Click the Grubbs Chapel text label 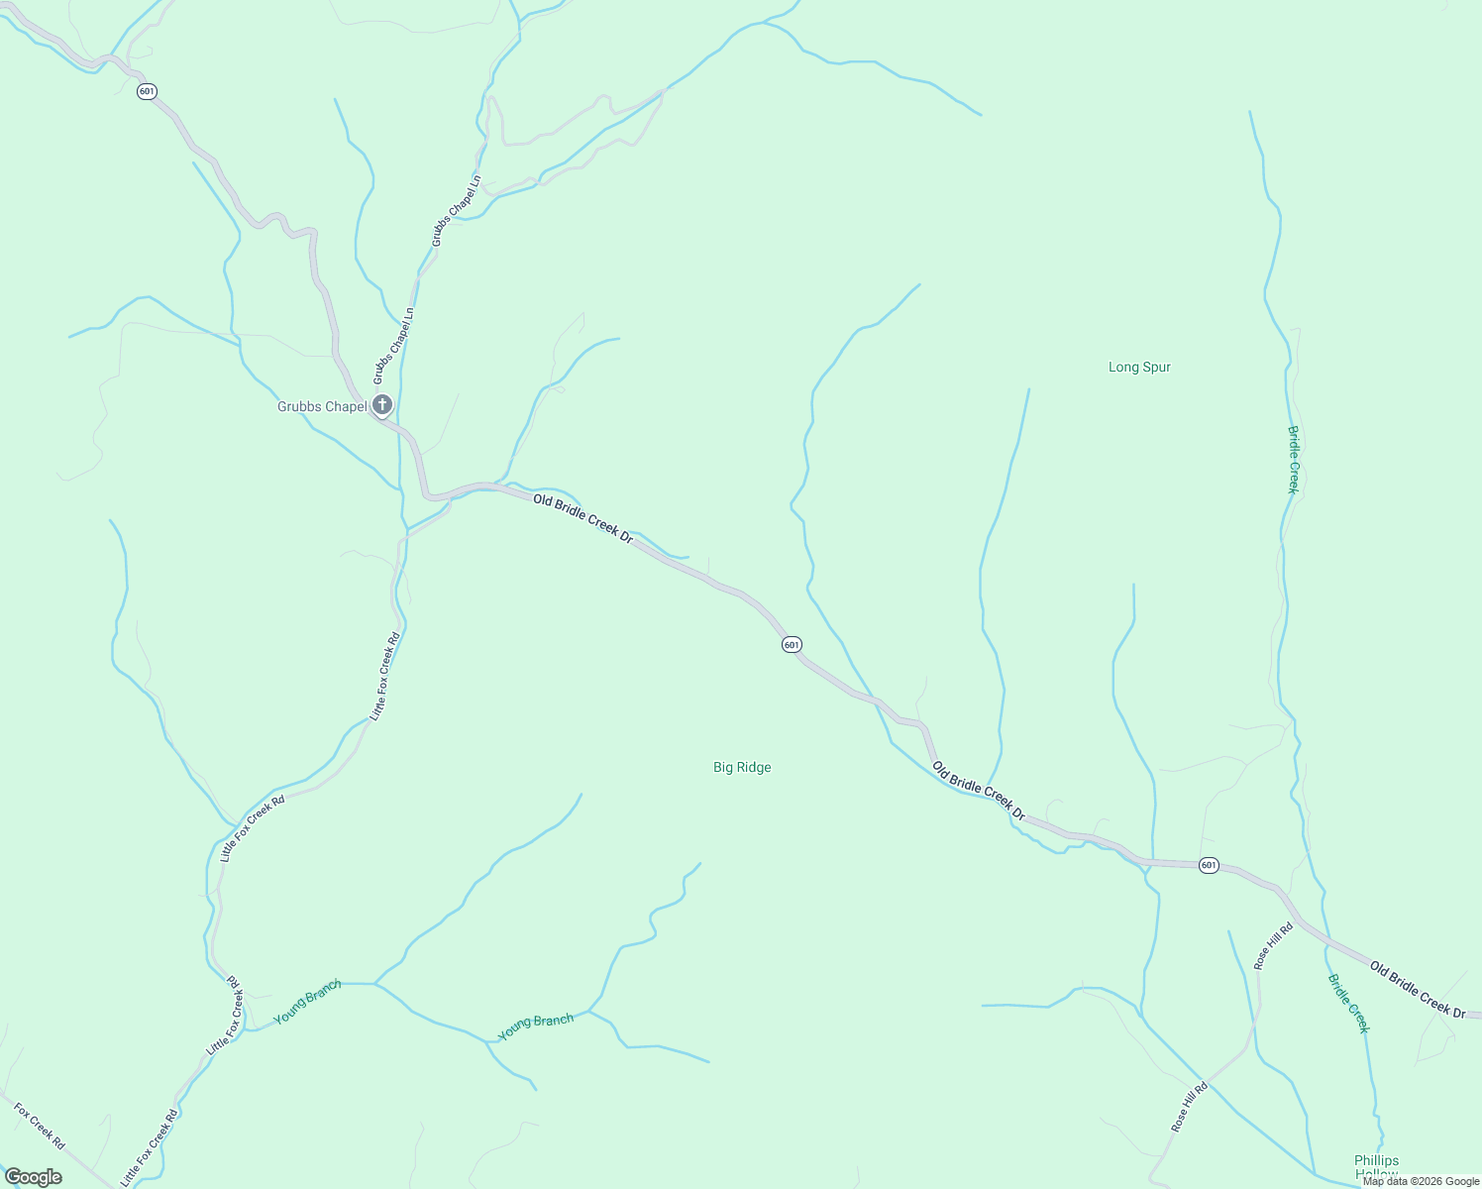pyautogui.click(x=321, y=406)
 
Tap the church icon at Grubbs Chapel pyautogui.click(x=382, y=404)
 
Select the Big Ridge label pyautogui.click(x=742, y=767)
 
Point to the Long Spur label pyautogui.click(x=1139, y=367)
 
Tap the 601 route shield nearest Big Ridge pyautogui.click(x=791, y=645)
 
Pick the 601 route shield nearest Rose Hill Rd pyautogui.click(x=1208, y=865)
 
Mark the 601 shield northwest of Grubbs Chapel pyautogui.click(x=147, y=91)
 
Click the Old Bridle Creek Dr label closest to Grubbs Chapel pyautogui.click(x=582, y=518)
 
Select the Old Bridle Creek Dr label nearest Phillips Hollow pyautogui.click(x=1418, y=989)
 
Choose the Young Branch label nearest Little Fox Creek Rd pyautogui.click(x=308, y=1002)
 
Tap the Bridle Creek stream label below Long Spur pyautogui.click(x=1293, y=459)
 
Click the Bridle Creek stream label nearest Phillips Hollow pyautogui.click(x=1348, y=1003)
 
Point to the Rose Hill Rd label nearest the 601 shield pyautogui.click(x=1273, y=945)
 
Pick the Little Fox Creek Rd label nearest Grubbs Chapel pyautogui.click(x=385, y=676)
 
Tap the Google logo pyautogui.click(x=33, y=1177)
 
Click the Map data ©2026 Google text pyautogui.click(x=1421, y=1181)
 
